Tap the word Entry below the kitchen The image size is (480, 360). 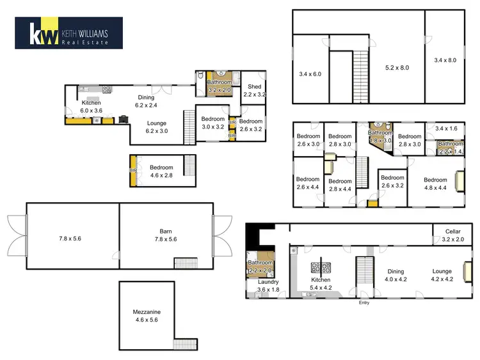tap(365, 302)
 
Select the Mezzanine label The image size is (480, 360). tap(147, 315)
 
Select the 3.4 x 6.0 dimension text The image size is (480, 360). tap(311, 74)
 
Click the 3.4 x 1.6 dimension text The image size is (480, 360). tap(446, 129)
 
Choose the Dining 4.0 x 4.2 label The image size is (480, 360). tap(396, 274)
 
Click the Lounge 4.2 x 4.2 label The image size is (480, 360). tap(441, 274)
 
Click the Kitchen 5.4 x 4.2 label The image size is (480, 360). tap(321, 284)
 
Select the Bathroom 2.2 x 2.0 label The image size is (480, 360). tap(260, 266)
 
